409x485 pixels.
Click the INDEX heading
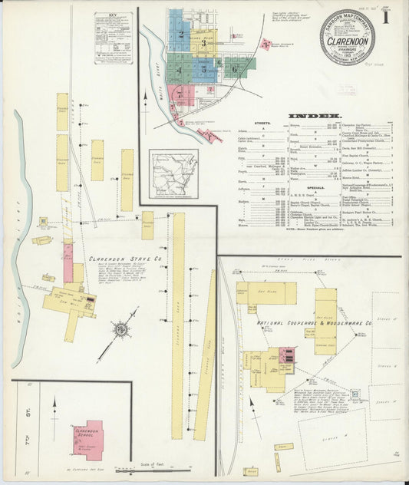coord(315,116)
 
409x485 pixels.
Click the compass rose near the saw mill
coord(121,331)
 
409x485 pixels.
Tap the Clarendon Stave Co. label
coord(124,259)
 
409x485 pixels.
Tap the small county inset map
coord(173,174)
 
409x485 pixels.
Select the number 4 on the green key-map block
coord(179,71)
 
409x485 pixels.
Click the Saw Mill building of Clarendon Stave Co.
coord(73,304)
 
